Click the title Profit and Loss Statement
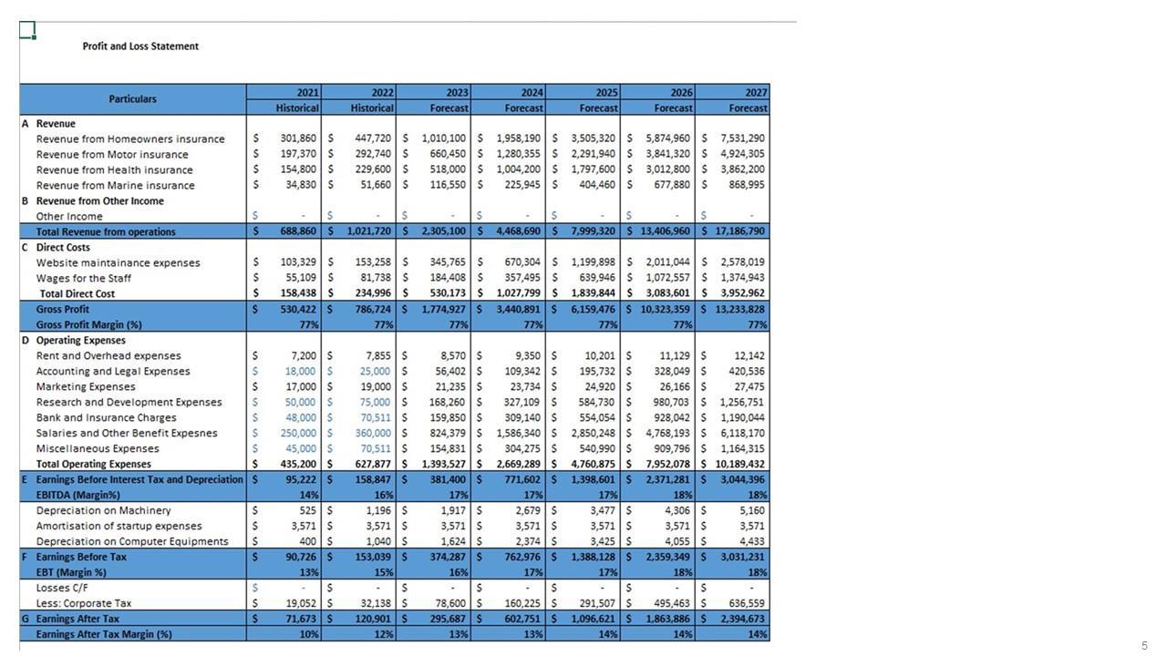(140, 46)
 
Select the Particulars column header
(132, 99)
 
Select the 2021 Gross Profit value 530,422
(293, 309)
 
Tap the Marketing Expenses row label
(86, 386)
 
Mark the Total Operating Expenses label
(94, 464)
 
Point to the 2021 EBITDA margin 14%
(309, 495)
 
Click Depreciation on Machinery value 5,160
(749, 510)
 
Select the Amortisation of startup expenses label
(119, 526)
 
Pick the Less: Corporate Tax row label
(84, 603)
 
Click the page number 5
(1144, 646)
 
